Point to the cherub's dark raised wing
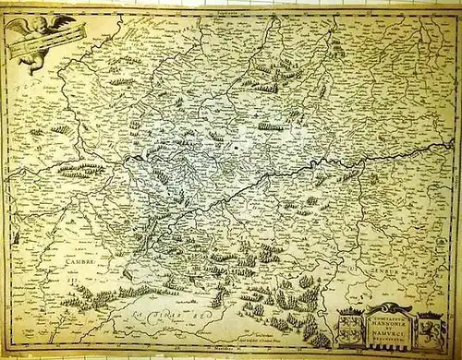pos(64,19)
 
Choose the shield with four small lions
pos(353,328)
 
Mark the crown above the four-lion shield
pos(352,313)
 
